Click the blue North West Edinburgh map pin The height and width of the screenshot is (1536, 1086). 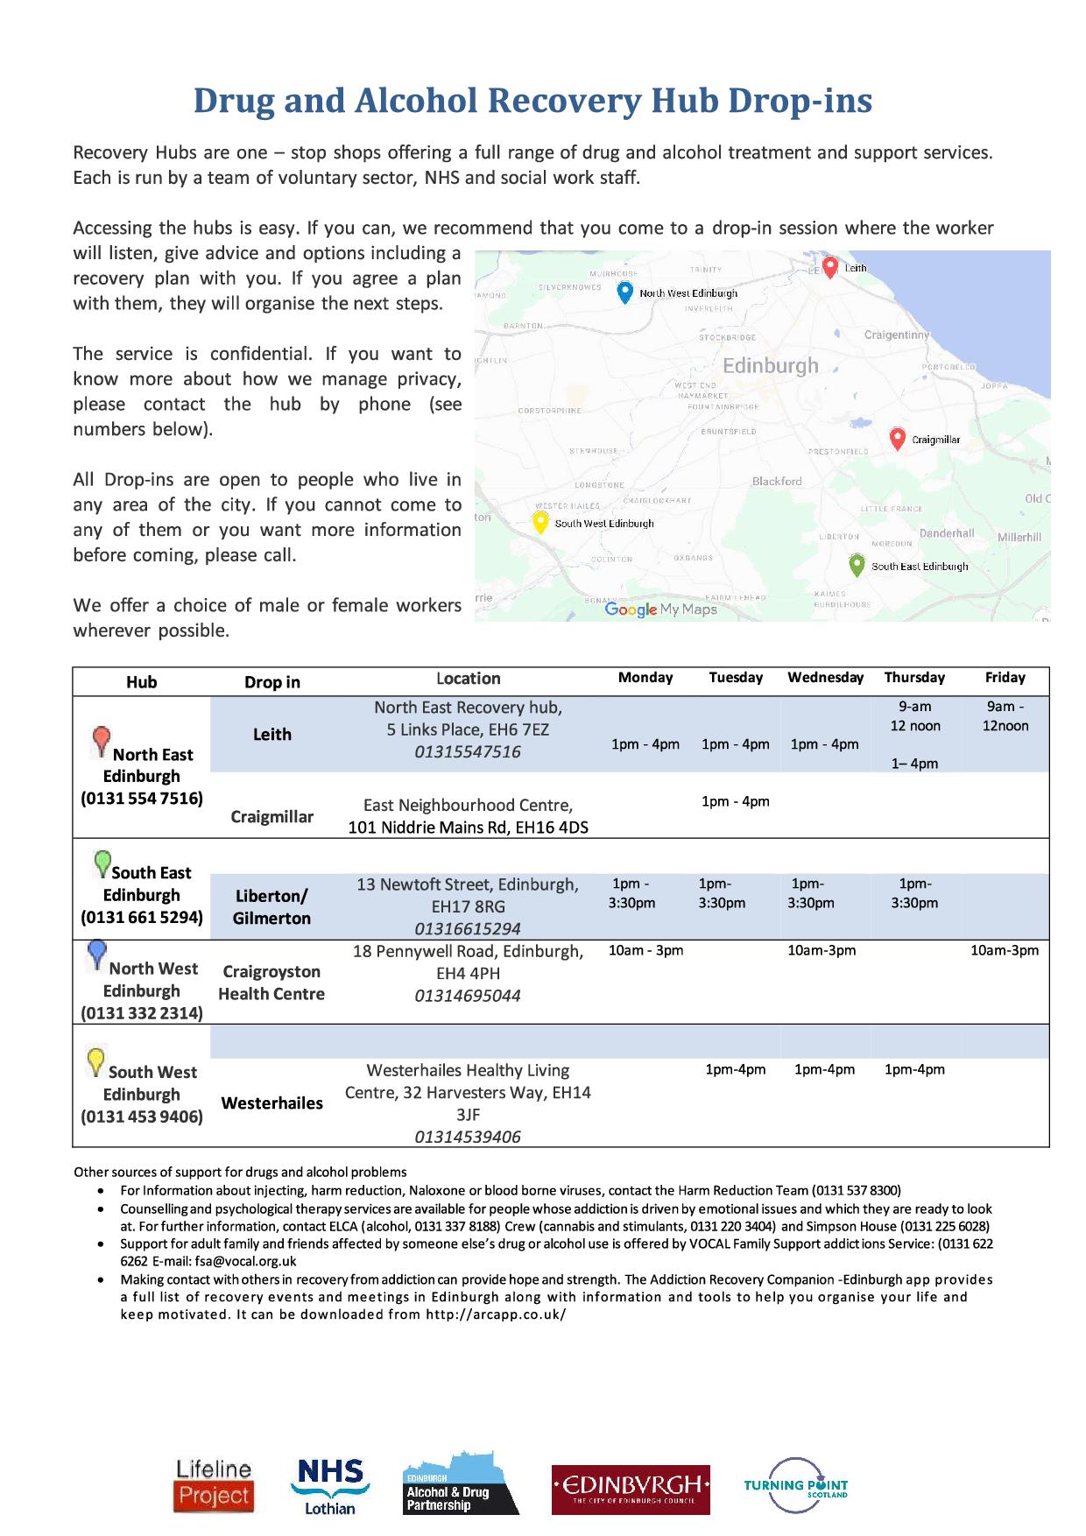coord(624,292)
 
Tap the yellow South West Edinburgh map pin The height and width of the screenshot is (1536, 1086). coord(540,522)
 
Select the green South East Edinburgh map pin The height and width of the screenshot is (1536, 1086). coord(857,564)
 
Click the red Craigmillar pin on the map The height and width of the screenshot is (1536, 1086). coord(897,438)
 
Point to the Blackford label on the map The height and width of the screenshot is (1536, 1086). coord(777,481)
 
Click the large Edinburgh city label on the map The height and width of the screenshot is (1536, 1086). coord(771,365)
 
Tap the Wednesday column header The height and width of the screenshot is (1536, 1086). coord(825,677)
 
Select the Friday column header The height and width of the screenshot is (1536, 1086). coord(1005,677)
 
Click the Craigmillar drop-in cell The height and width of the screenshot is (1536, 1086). coord(271,816)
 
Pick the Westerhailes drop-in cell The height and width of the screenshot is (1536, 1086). coord(271,1103)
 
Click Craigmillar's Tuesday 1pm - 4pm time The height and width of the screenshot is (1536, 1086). coord(735,801)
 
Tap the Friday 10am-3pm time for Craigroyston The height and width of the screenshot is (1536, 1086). coord(1005,950)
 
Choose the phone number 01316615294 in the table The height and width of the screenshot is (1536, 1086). coord(468,928)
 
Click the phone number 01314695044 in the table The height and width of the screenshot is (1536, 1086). coord(468,995)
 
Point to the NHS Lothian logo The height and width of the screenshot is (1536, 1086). coord(329,1485)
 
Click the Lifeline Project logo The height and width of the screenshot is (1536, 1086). coord(214,1485)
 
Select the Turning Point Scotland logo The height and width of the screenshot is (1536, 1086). coord(796,1485)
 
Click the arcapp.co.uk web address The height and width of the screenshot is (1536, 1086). coord(496,1314)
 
